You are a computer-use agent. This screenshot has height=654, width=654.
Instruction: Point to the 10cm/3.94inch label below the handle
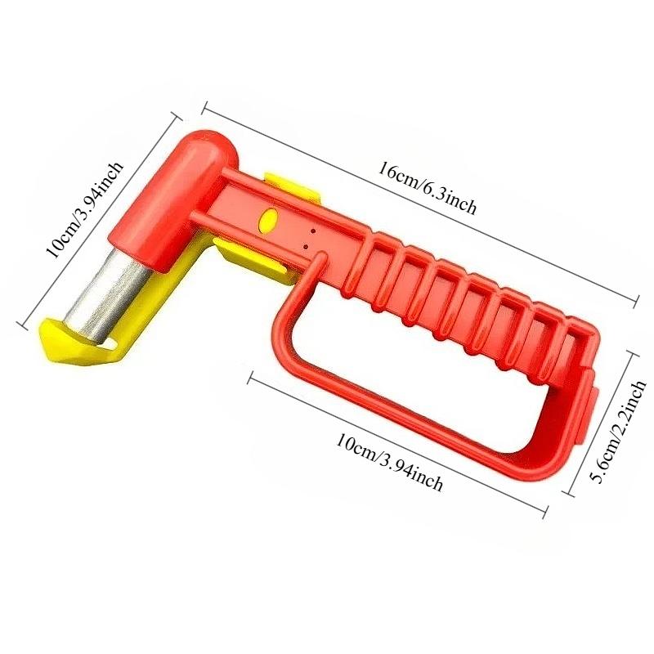389,463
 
